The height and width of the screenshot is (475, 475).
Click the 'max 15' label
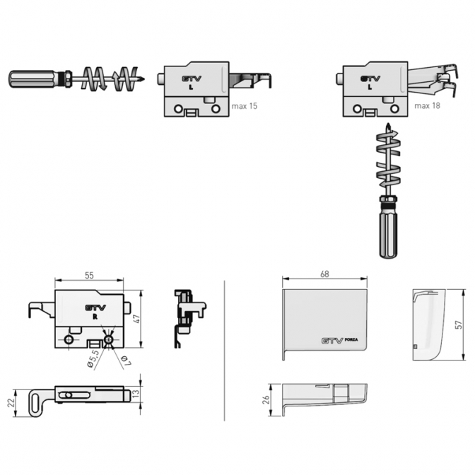(244, 106)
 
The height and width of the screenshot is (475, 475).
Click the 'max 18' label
(427, 106)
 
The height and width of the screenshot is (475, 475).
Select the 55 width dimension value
(89, 276)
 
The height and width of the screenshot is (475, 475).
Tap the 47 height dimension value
(137, 319)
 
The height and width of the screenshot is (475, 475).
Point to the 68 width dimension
(324, 274)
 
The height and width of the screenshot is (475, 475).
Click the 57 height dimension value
(459, 324)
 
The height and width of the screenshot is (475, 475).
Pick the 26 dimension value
(266, 399)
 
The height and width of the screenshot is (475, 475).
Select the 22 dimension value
(11, 403)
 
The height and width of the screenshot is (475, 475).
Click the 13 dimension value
(136, 393)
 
